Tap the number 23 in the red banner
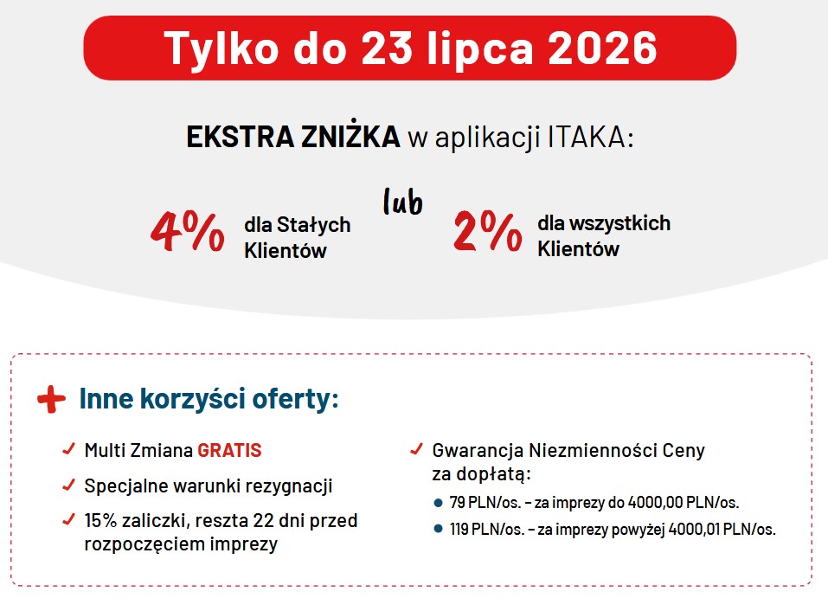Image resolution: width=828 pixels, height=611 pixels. tap(387, 48)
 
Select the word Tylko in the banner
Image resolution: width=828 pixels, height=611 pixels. tap(221, 49)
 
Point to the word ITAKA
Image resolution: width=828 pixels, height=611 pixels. tap(590, 137)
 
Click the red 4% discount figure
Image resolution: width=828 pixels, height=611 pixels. tap(188, 231)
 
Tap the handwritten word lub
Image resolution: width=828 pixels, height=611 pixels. tap(403, 201)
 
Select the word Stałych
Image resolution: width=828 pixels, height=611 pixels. tap(314, 225)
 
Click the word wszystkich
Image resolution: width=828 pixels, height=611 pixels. tap(620, 223)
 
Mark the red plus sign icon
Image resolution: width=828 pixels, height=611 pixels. tap(51, 399)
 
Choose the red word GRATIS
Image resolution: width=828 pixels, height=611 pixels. tap(229, 450)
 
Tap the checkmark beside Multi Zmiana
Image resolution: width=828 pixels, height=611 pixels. tap(68, 449)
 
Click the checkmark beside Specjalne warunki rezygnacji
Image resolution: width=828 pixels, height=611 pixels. tap(68, 485)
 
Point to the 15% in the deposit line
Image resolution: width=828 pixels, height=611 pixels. tap(100, 520)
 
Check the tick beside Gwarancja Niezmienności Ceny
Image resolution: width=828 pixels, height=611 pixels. tap(417, 449)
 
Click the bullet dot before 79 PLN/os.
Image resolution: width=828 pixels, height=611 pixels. tap(437, 503)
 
